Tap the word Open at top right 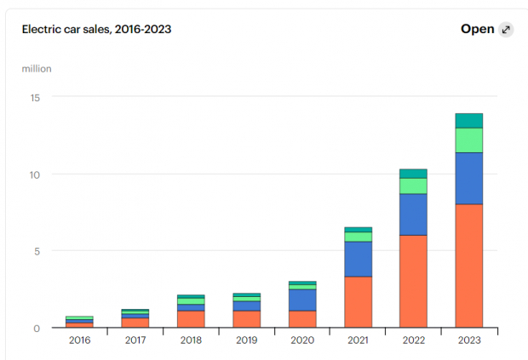point(477,29)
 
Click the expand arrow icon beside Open point(506,30)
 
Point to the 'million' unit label point(37,68)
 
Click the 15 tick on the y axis point(36,97)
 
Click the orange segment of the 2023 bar point(468,266)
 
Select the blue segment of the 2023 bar point(468,178)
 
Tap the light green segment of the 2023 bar point(468,140)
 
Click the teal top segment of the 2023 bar point(468,120)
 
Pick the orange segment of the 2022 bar point(413,281)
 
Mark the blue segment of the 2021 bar point(358,259)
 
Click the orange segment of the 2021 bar point(358,301)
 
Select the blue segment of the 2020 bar point(302,300)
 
